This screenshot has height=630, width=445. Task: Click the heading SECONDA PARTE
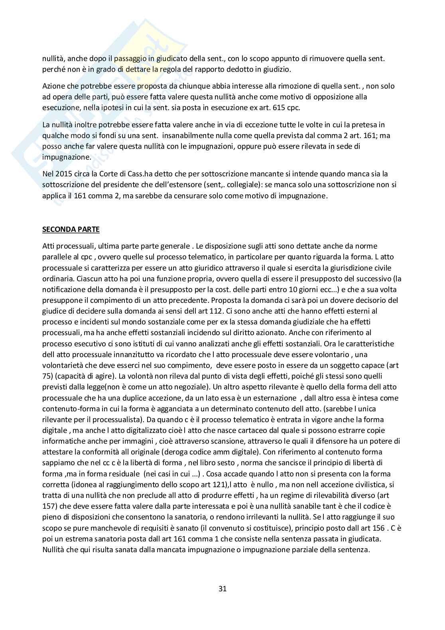[x=71, y=229]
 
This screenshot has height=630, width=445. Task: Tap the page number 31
[x=222, y=588]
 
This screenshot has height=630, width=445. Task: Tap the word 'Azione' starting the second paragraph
[x=53, y=86]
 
